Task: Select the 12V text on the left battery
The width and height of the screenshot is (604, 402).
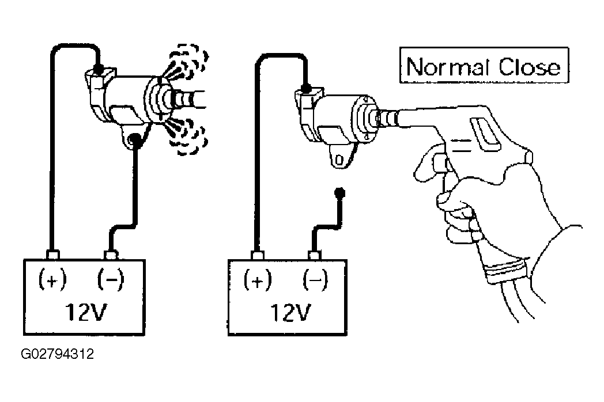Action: (x=85, y=312)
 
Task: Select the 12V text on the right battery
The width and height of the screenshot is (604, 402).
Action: (x=290, y=312)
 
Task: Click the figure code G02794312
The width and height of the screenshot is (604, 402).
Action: (x=58, y=354)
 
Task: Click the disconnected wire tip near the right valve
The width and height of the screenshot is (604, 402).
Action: (x=339, y=192)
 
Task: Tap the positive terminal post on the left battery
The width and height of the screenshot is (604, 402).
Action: (x=52, y=255)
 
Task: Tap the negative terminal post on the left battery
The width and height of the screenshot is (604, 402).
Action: (x=111, y=255)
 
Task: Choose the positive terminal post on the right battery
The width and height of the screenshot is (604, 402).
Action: (x=257, y=255)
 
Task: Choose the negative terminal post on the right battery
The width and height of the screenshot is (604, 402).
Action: (x=315, y=255)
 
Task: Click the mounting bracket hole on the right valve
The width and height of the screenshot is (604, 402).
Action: (x=339, y=160)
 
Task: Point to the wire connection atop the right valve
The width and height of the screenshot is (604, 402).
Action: (x=306, y=89)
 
